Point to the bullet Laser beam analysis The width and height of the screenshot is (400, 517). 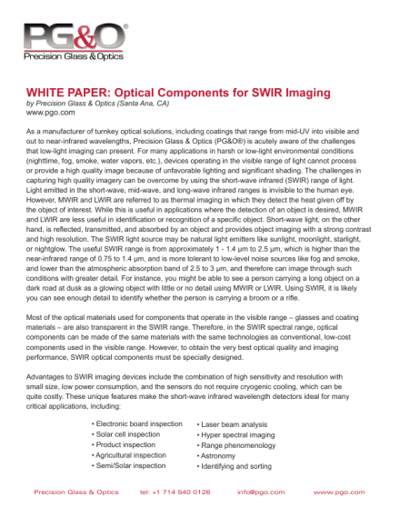click(234, 423)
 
